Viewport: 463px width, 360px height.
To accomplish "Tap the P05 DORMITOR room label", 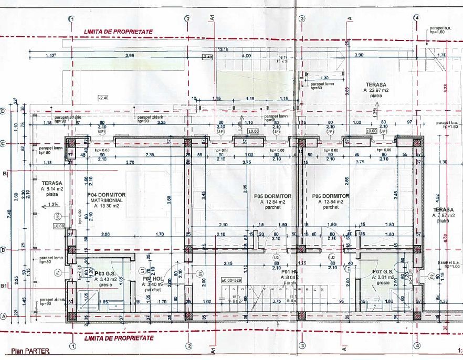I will point(272,196).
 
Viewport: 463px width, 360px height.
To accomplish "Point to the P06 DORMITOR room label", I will point(330,196).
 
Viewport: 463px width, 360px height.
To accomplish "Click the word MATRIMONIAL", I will point(106,200).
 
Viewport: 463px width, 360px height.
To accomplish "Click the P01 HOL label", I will point(290,272).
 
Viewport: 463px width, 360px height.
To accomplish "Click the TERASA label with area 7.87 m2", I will point(443,209).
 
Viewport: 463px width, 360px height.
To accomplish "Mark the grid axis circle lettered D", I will point(3,111).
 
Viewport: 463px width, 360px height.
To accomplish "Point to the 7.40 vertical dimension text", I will point(10,213).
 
